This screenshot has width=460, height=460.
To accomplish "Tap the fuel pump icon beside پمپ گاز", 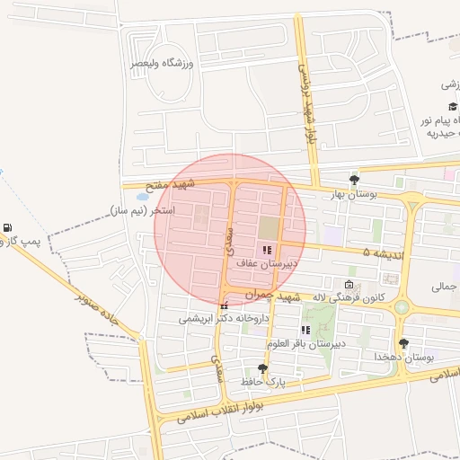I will pyautogui.click(x=8, y=229).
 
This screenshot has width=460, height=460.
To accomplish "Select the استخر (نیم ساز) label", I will pyautogui.click(x=142, y=209).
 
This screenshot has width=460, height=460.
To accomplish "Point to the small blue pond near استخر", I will pyautogui.click(x=142, y=195).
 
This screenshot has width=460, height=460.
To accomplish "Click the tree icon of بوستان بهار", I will pyautogui.click(x=355, y=179).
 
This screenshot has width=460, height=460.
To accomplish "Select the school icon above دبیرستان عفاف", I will pyautogui.click(x=265, y=250).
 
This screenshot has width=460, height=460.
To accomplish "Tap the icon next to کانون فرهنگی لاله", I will pyautogui.click(x=349, y=285).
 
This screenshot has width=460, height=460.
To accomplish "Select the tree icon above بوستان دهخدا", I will pyautogui.click(x=403, y=342).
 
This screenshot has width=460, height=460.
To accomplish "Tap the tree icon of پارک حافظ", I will pyautogui.click(x=262, y=368).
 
